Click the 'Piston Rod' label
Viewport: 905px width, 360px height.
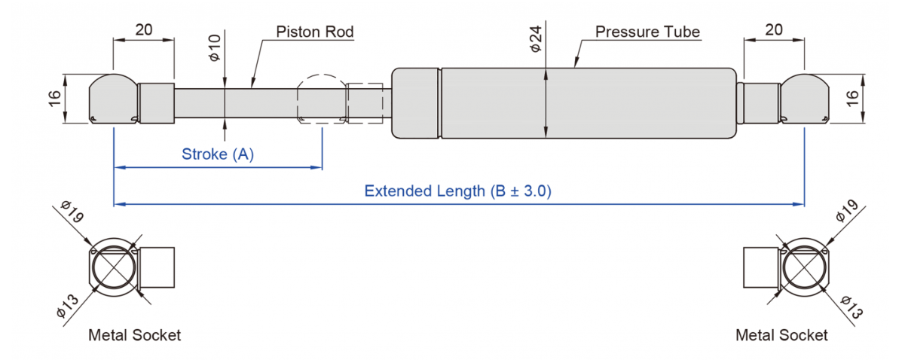click(315, 32)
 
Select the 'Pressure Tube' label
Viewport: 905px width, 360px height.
click(647, 32)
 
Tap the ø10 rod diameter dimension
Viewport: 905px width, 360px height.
click(215, 47)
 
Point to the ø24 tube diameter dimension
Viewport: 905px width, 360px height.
click(536, 38)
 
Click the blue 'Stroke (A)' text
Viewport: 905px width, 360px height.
click(218, 154)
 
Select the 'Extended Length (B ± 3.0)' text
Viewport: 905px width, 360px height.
click(457, 191)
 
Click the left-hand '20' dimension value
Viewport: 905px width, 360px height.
click(144, 29)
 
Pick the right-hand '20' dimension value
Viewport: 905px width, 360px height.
click(774, 29)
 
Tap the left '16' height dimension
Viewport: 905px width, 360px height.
click(54, 99)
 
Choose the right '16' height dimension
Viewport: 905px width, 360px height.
click(851, 99)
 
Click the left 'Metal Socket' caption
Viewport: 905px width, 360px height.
click(135, 335)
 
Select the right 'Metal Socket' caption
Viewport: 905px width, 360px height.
click(781, 335)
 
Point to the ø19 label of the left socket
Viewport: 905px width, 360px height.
click(72, 212)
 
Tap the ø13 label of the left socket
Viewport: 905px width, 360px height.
click(68, 307)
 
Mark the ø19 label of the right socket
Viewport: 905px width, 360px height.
click(846, 211)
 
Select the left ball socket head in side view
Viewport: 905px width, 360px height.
click(114, 99)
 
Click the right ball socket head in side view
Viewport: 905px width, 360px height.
click(805, 99)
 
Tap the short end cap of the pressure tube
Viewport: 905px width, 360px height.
click(415, 103)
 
